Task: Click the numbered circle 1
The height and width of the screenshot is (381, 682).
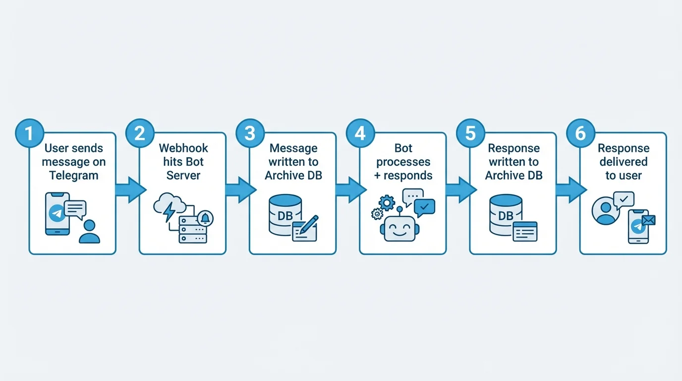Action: pos(29,133)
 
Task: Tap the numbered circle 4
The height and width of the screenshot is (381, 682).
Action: pos(360,133)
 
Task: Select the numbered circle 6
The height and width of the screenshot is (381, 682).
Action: pos(580,133)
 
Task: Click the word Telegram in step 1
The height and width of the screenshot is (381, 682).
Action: pos(73,175)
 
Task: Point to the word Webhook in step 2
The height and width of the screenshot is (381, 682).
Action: pos(183,148)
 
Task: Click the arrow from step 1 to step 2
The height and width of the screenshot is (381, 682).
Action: pos(130,190)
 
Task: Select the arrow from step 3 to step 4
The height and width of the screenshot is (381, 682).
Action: pos(350,190)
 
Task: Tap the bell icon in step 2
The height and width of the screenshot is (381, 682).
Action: pos(205,217)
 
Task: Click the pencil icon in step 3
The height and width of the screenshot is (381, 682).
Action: pos(311,222)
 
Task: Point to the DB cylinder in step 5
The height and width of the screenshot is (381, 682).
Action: pos(505,214)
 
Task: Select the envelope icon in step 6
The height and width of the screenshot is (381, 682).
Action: pos(648,220)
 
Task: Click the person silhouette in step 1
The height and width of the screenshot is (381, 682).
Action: pos(89,231)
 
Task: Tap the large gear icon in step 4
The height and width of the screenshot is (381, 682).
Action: pos(386,202)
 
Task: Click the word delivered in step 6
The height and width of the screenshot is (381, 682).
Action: pos(623,162)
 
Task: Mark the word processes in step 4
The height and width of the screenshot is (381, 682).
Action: pos(403,162)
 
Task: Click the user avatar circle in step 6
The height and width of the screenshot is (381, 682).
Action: pos(605,212)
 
